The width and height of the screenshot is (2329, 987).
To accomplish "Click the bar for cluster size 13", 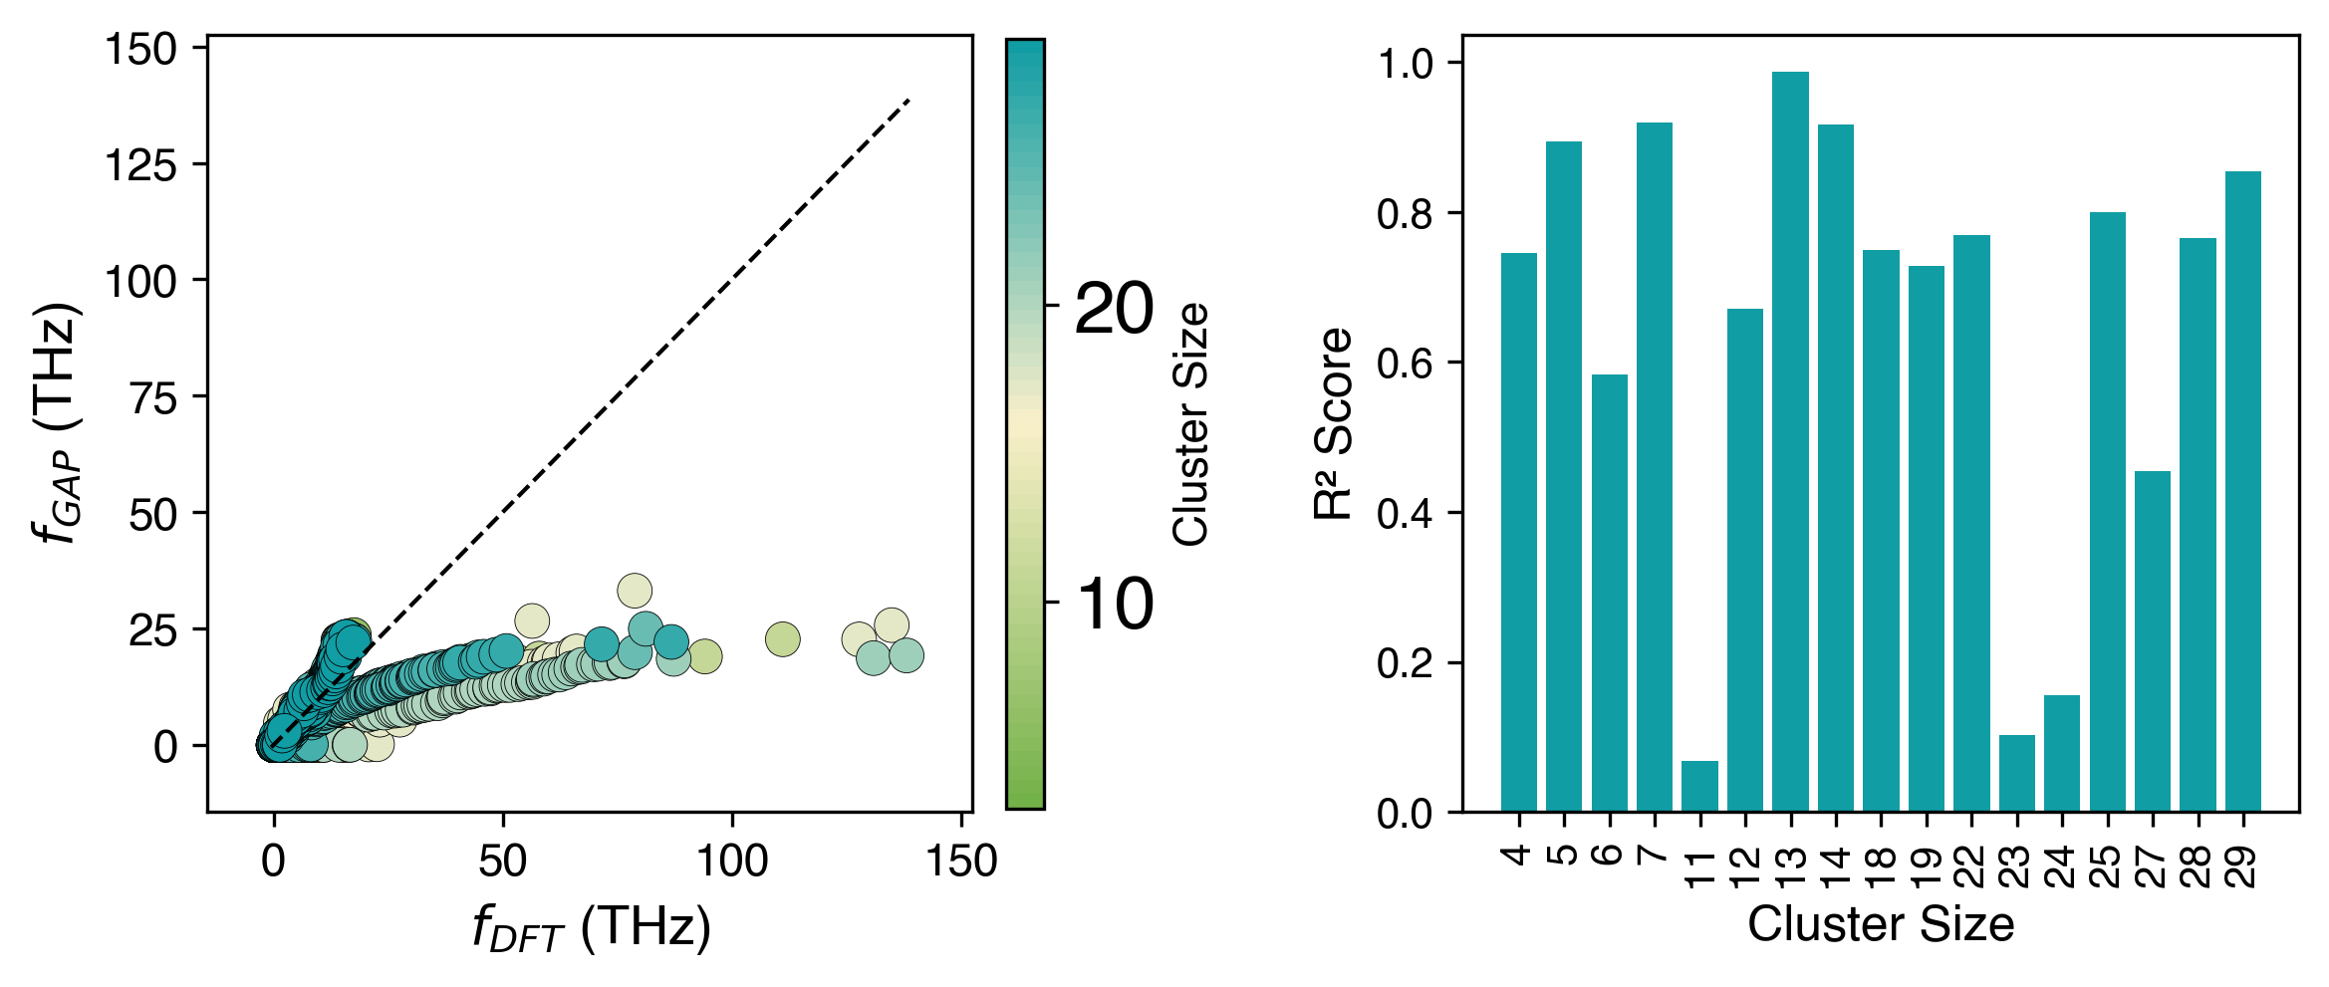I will pos(1790,442).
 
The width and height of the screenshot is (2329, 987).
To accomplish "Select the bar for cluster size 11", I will pos(1699,787).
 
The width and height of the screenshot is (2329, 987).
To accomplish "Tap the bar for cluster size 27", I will pos(2153,641).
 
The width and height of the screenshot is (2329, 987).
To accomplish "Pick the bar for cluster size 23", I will pos(2017,774).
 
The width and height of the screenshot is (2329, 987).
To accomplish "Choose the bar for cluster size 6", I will pos(1609,594).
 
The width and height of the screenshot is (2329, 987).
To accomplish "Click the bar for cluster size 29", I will pos(2243,492).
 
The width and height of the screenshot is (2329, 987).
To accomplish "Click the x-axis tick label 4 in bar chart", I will pos(1518,855).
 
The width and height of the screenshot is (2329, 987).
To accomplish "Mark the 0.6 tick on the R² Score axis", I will pos(1404,364).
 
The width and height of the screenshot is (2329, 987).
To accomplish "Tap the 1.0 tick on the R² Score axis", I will pos(1404,64).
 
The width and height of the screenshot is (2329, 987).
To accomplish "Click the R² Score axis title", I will pos(1333,423).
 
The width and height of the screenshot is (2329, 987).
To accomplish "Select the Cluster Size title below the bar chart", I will pos(1881,925).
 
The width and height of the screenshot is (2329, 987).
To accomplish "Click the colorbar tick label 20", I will pos(1114,309).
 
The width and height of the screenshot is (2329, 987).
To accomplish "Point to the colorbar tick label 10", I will pos(1114,604).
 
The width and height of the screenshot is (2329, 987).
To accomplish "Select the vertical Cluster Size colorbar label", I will pos(1191,423).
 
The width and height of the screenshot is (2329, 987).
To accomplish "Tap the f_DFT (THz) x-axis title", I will pos(592,928).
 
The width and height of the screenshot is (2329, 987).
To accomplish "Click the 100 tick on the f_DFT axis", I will pos(732,861).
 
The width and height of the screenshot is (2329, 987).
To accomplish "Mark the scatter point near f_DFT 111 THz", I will pos(783,639).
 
